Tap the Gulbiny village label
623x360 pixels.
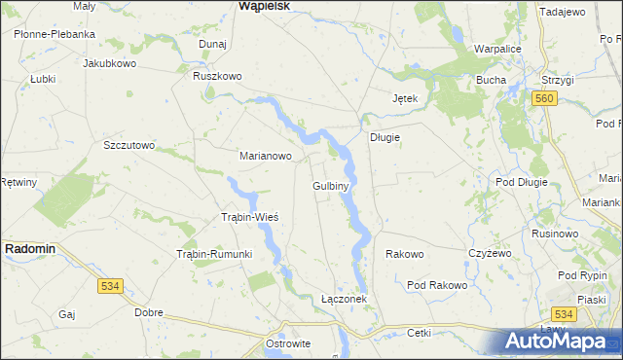coord(331,185)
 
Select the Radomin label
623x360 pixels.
coord(30,248)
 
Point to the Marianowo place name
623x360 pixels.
coord(266,155)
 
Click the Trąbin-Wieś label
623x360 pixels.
coord(250,216)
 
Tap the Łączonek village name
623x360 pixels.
coord(344,299)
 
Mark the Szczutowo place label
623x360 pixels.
coord(129,145)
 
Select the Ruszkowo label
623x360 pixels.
coord(217,76)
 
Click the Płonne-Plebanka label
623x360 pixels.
coord(55,34)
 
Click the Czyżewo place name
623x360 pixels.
coord(490,253)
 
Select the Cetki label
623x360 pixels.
coord(420,333)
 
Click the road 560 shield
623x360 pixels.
coord(544,99)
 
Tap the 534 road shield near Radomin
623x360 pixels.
coord(110,286)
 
